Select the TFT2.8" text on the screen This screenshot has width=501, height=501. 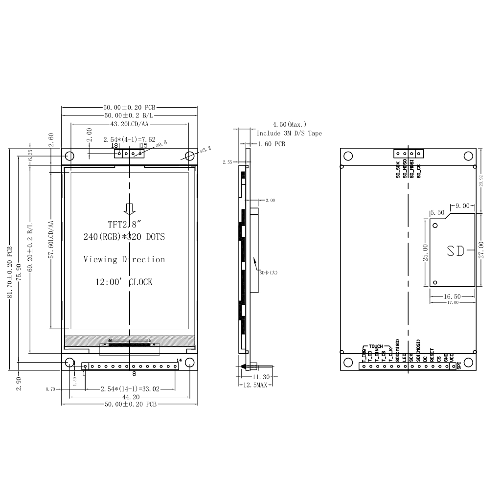coord(125,225)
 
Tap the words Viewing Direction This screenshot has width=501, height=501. coord(124,259)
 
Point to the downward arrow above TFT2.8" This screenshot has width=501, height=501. coord(129,209)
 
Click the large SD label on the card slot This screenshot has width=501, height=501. coord(456,250)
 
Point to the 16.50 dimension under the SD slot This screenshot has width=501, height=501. coord(452,296)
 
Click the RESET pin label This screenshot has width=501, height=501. coord(432,355)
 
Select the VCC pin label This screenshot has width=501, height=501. coord(452,357)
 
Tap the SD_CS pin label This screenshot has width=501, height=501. coord(418,171)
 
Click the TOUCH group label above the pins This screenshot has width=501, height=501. coord(376,346)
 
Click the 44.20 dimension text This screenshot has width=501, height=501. coord(129,397)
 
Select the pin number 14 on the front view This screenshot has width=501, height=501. coord(179,361)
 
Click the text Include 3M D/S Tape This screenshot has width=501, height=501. coord(289,133)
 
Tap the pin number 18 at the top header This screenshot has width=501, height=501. coord(114,146)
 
